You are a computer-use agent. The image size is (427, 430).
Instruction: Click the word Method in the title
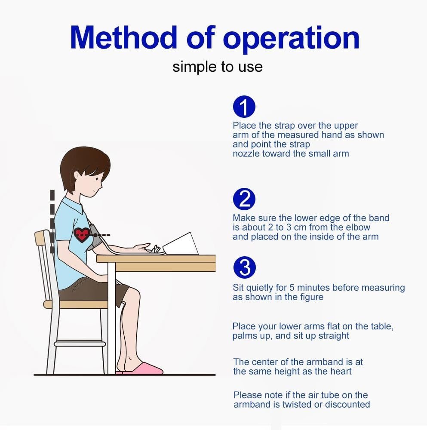[x=123, y=37]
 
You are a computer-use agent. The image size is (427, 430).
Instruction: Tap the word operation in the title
[x=291, y=40]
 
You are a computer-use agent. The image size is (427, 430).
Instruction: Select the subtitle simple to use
[x=218, y=67]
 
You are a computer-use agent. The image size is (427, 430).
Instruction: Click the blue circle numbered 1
[x=244, y=107]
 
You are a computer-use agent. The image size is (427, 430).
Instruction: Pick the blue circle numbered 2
[x=244, y=199]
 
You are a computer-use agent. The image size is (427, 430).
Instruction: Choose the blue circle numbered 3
[x=244, y=267]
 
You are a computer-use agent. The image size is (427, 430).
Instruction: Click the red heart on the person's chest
[x=82, y=235]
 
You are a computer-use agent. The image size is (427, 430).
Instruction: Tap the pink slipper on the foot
[x=143, y=369]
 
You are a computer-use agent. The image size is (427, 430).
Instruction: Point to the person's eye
[x=97, y=179]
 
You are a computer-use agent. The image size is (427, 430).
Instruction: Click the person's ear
[x=77, y=177]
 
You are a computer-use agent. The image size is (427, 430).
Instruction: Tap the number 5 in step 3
[x=292, y=287]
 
